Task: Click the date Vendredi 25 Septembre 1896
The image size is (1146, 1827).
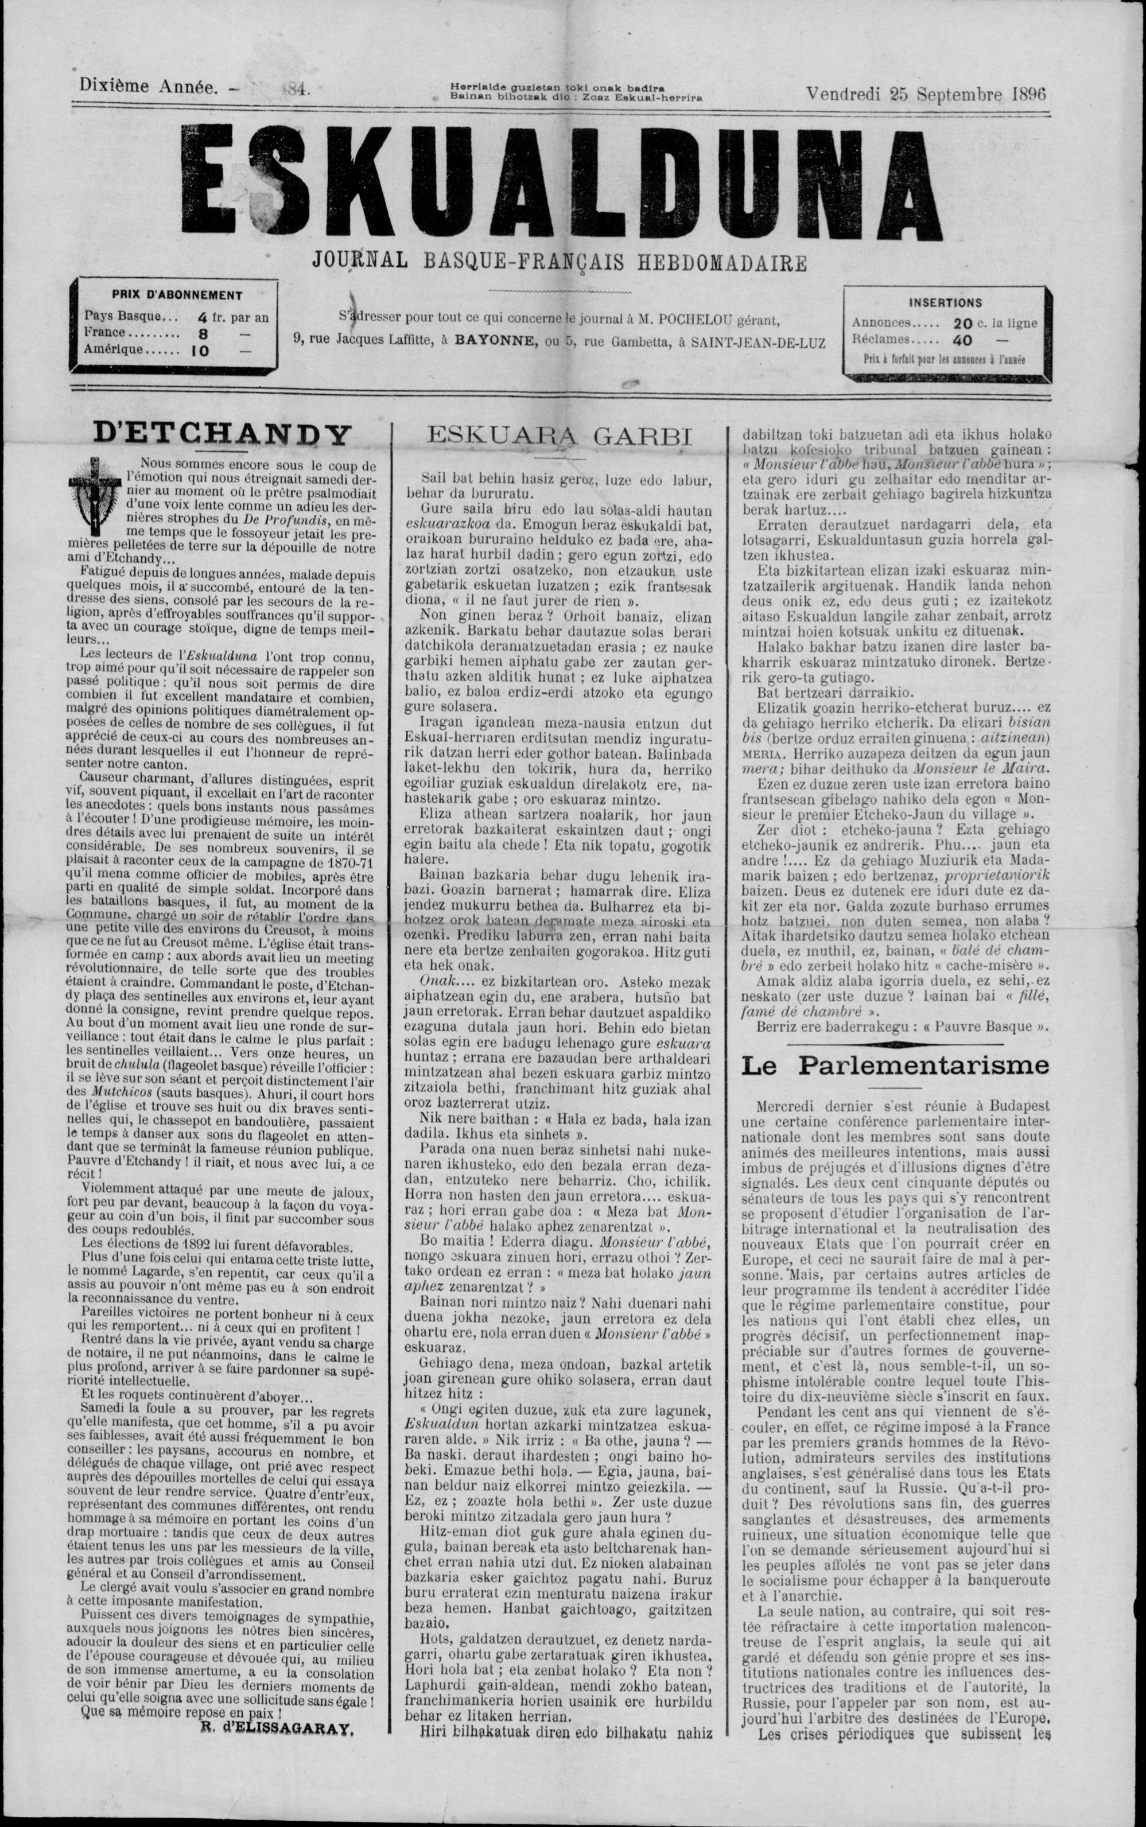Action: (926, 94)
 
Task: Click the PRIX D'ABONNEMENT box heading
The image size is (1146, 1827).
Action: (177, 296)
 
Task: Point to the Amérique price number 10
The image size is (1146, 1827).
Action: (200, 352)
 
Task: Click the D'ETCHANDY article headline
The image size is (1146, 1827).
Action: (223, 436)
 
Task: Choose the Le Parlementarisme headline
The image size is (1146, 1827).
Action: (895, 1066)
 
